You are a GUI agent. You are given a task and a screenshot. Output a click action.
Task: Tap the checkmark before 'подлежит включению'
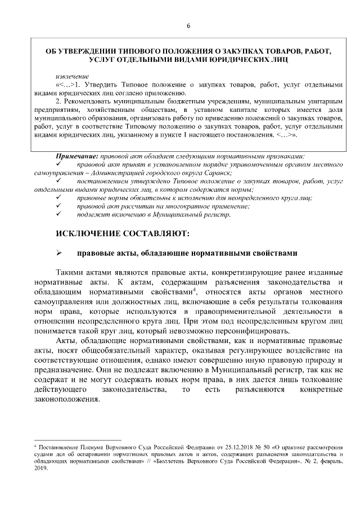[59, 214]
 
